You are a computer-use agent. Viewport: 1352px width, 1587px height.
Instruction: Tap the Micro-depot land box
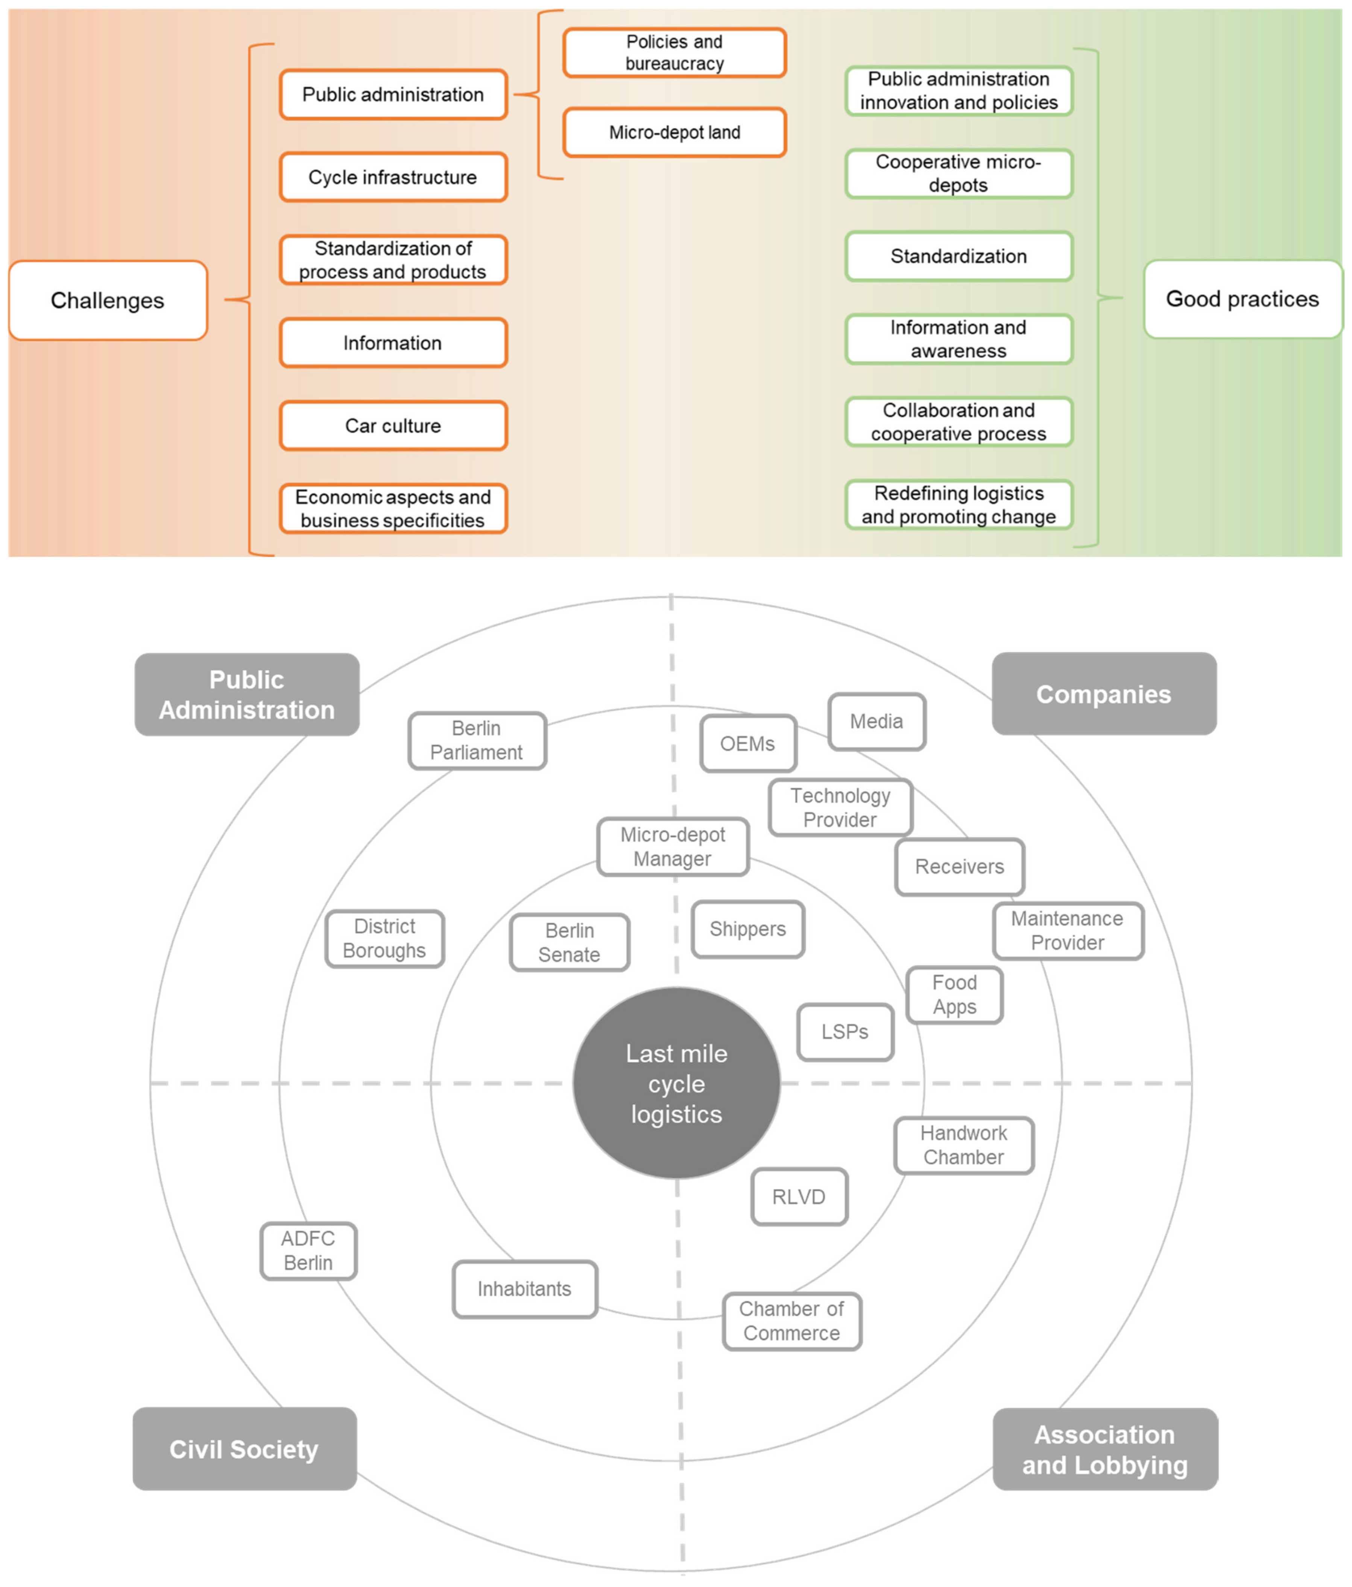click(x=674, y=132)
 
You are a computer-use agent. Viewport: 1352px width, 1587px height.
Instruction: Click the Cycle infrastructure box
click(x=393, y=177)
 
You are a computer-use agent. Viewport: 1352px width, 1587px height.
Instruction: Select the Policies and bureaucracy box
click(x=674, y=53)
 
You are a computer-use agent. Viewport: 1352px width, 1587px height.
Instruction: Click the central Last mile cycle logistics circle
click(x=676, y=1083)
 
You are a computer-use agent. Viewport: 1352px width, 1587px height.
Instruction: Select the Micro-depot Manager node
click(x=673, y=846)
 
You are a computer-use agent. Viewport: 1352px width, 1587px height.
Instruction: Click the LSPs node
click(x=845, y=1032)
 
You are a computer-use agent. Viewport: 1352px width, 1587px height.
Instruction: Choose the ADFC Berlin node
click(x=308, y=1251)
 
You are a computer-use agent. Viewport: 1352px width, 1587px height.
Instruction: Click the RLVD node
click(x=799, y=1196)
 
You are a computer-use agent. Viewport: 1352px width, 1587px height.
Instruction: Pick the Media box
click(x=876, y=722)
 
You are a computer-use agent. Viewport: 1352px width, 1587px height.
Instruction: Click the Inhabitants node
click(x=525, y=1289)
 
